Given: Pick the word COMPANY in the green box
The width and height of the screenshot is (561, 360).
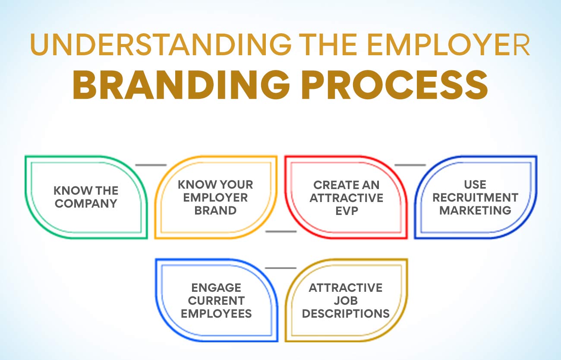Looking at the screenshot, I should pyautogui.click(x=86, y=203).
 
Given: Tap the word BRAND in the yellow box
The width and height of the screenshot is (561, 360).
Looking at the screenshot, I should pyautogui.click(x=215, y=210).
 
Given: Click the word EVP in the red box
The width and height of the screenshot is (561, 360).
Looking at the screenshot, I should pyautogui.click(x=347, y=211).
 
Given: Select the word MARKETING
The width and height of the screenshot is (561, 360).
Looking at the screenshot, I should pyautogui.click(x=475, y=210).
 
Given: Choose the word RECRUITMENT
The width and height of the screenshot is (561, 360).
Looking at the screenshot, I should pyautogui.click(x=475, y=198).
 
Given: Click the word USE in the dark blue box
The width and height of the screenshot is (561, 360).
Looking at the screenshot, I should pyautogui.click(x=475, y=185).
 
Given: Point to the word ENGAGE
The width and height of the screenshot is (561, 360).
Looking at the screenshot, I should pyautogui.click(x=216, y=287).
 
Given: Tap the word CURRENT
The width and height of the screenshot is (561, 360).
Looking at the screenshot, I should pyautogui.click(x=216, y=300).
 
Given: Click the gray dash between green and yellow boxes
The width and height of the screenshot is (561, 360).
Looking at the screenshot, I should pyautogui.click(x=151, y=165).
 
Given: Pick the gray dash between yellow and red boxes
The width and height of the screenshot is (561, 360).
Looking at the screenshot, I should pyautogui.click(x=281, y=231).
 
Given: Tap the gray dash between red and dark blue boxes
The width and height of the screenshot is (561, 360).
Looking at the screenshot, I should pyautogui.click(x=410, y=165).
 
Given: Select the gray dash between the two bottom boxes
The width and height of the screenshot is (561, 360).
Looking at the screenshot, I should pyautogui.click(x=281, y=268).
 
